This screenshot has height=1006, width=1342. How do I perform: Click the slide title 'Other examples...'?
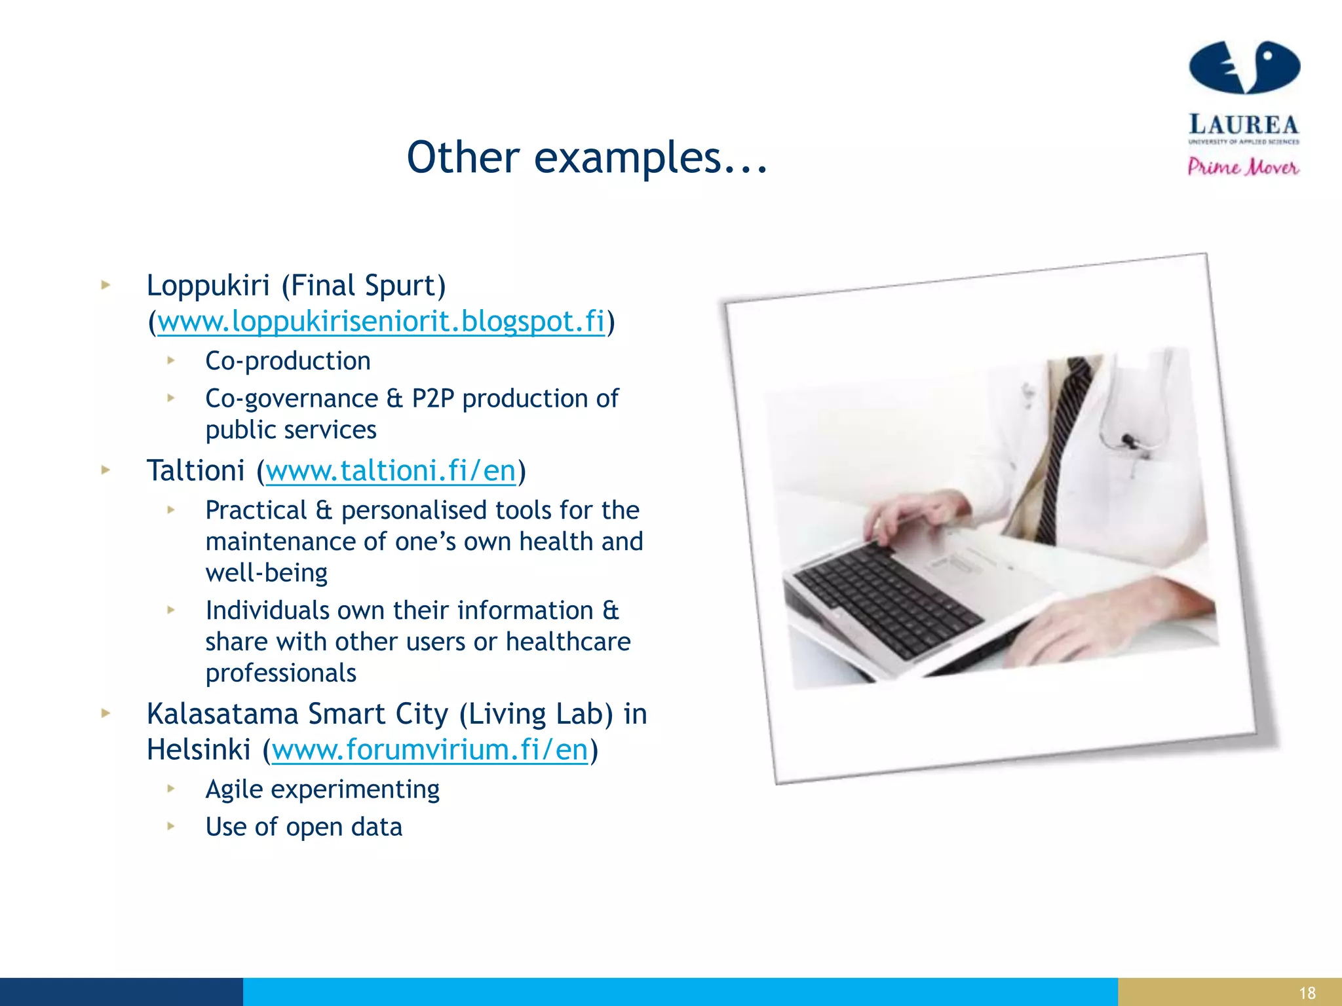(x=586, y=158)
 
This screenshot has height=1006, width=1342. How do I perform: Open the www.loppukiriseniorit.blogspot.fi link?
(x=381, y=322)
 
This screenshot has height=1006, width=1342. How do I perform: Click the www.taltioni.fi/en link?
(x=391, y=471)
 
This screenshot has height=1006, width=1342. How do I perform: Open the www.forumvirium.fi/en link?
(x=430, y=750)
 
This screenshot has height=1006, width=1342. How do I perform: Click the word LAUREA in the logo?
(x=1243, y=124)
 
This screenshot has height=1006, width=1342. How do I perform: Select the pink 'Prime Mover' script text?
(x=1243, y=167)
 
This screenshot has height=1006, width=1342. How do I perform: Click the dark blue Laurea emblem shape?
(x=1244, y=67)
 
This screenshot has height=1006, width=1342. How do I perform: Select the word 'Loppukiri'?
(x=208, y=286)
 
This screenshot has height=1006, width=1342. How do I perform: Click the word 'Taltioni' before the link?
(x=195, y=471)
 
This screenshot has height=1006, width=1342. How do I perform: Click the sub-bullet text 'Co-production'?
(x=288, y=361)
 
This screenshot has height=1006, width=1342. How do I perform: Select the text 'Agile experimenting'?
(x=322, y=789)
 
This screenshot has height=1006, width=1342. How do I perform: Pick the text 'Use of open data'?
(x=303, y=827)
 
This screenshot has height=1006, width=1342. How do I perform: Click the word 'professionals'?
(x=280, y=673)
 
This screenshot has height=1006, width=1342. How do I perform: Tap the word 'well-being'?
(x=266, y=573)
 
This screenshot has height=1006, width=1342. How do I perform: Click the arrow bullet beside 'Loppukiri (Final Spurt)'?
(x=105, y=285)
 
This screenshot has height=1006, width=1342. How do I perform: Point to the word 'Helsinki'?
(x=199, y=750)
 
